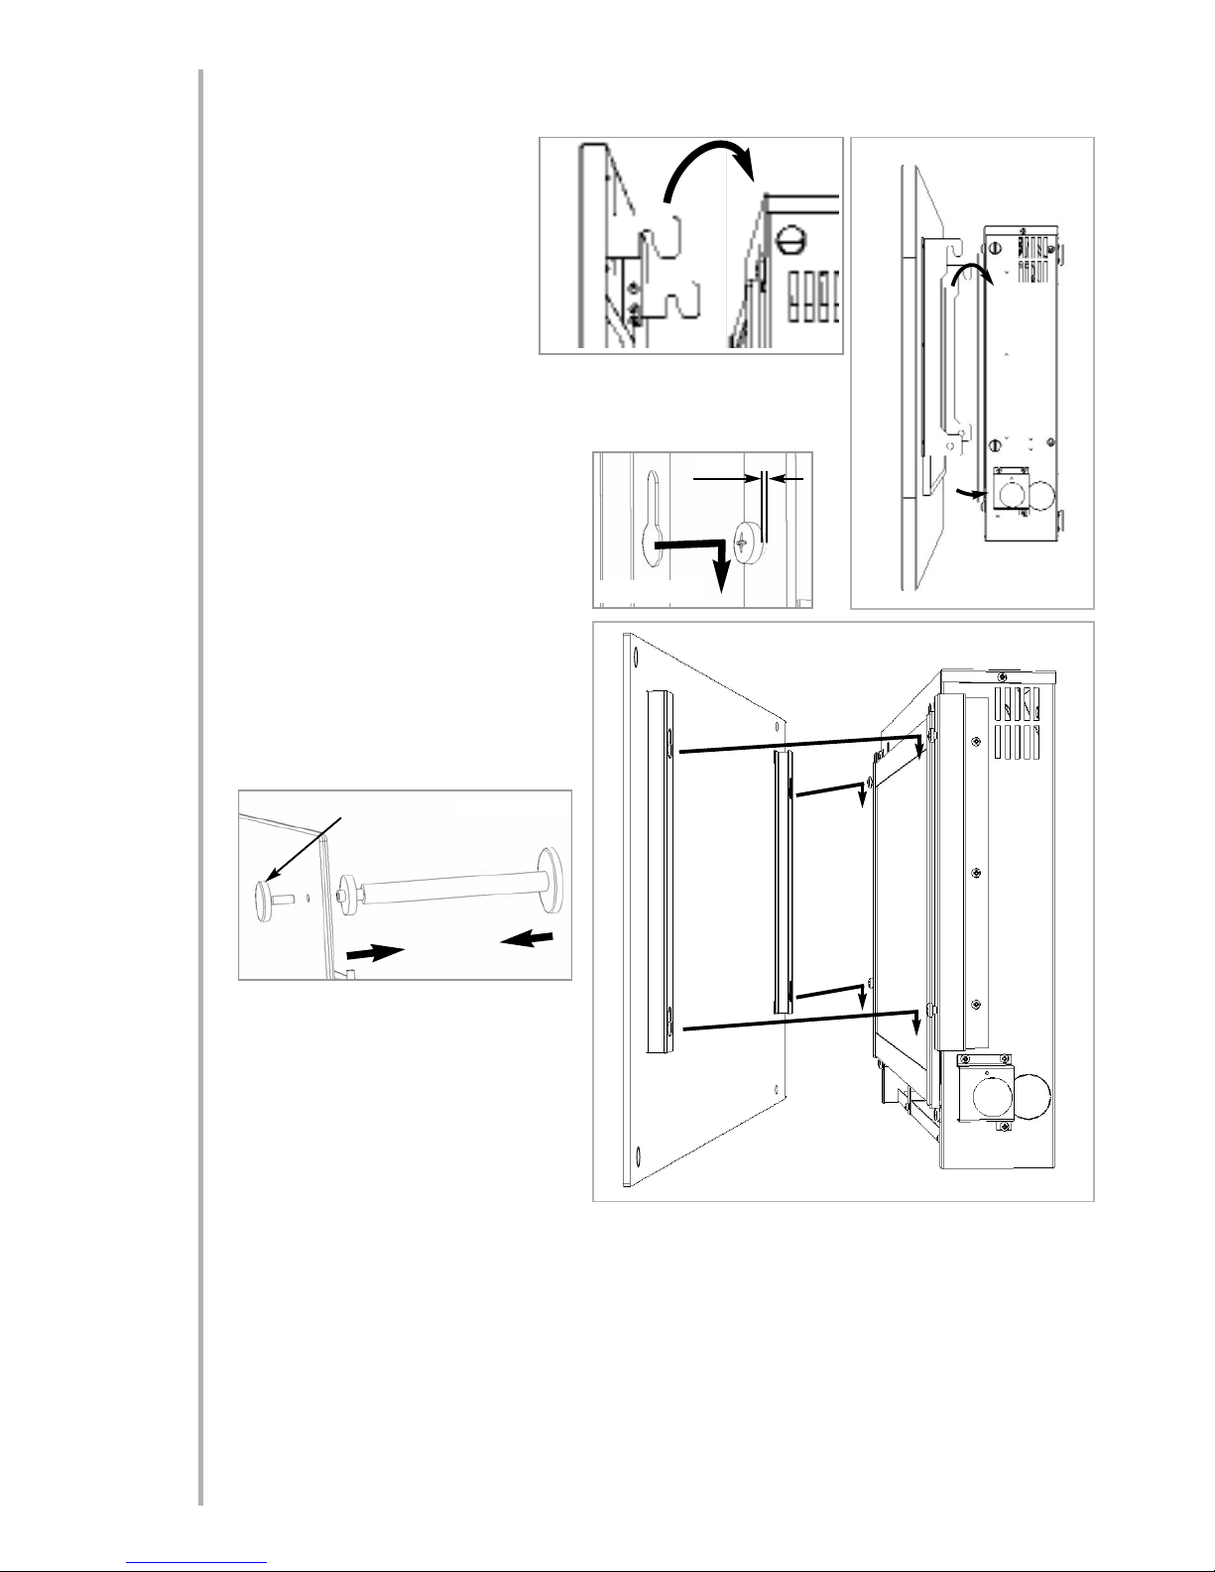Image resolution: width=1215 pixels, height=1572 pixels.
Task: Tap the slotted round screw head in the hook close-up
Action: click(790, 238)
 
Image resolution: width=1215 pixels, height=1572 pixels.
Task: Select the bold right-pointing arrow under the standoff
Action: click(375, 951)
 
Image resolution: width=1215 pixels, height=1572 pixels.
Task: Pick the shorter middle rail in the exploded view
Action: click(783, 881)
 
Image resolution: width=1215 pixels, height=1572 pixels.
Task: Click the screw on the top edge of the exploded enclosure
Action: click(1003, 674)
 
